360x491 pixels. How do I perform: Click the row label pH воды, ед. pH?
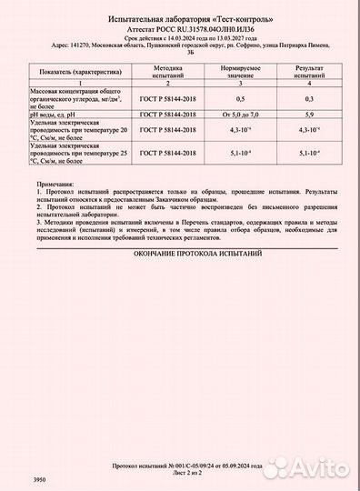pos(54,114)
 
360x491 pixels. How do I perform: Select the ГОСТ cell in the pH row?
pos(169,114)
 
